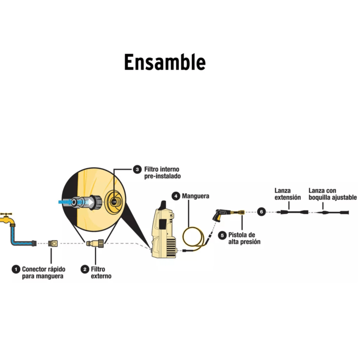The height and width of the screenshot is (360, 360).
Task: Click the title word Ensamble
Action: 165,62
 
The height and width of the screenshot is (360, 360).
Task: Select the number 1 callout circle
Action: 16,269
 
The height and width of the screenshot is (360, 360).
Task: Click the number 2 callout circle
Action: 85,269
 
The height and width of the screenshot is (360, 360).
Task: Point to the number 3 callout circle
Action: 137,169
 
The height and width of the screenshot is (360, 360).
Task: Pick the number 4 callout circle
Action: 175,196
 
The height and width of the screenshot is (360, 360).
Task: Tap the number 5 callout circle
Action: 222,235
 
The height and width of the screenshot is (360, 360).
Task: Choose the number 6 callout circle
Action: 262,212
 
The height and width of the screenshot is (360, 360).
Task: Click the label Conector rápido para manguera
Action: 43,273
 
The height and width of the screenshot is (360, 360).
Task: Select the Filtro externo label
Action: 101,273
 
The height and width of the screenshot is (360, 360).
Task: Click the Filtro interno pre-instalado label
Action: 162,173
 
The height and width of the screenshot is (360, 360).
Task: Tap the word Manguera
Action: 195,196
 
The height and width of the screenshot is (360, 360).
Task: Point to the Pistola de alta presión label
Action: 244,238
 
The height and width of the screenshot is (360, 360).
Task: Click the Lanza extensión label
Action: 287,194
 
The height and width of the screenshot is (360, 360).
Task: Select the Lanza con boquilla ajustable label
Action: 332,194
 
